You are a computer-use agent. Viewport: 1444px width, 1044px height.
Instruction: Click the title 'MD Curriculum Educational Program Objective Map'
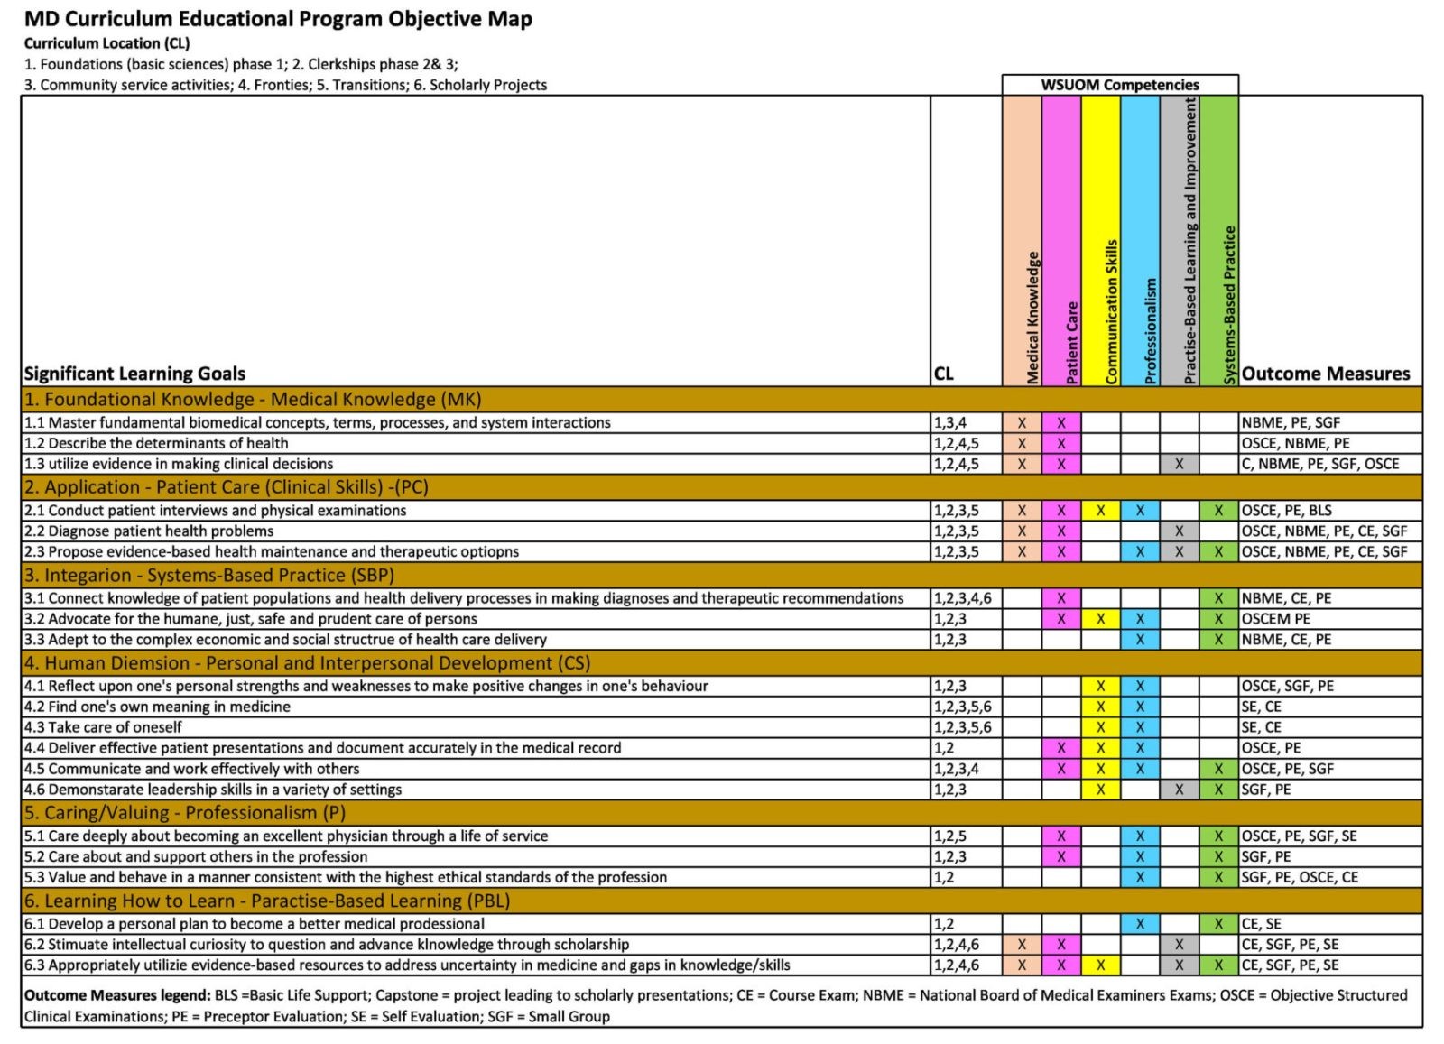click(x=278, y=19)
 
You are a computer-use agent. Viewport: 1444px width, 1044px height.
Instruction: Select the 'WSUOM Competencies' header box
click(x=1120, y=85)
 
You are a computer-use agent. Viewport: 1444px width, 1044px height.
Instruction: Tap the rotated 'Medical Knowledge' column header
click(x=1032, y=318)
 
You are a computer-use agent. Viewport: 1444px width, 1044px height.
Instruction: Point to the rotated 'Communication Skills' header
click(x=1111, y=312)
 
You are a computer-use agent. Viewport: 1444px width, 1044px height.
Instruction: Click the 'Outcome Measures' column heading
click(x=1326, y=374)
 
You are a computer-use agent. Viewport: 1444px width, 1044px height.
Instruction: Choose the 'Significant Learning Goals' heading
click(x=134, y=374)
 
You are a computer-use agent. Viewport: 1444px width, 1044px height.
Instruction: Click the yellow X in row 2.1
click(x=1100, y=511)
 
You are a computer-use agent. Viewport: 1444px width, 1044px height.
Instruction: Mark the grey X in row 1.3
click(x=1179, y=464)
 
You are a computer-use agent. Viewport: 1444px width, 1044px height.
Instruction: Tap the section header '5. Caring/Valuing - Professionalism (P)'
click(x=185, y=813)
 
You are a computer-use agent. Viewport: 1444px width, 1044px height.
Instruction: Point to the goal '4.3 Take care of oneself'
click(x=103, y=727)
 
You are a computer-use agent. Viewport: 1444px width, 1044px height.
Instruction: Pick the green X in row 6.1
click(x=1218, y=923)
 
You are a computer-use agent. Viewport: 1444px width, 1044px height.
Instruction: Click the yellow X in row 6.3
click(x=1100, y=965)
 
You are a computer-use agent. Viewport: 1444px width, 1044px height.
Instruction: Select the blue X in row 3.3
click(x=1140, y=639)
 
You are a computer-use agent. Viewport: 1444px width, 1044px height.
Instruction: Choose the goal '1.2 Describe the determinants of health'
click(x=156, y=443)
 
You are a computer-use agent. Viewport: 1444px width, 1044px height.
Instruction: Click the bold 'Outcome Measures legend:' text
click(x=117, y=995)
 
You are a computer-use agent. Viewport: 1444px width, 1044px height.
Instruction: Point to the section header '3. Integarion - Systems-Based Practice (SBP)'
click(x=209, y=575)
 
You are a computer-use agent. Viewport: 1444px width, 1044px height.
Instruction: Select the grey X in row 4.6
click(x=1179, y=790)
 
